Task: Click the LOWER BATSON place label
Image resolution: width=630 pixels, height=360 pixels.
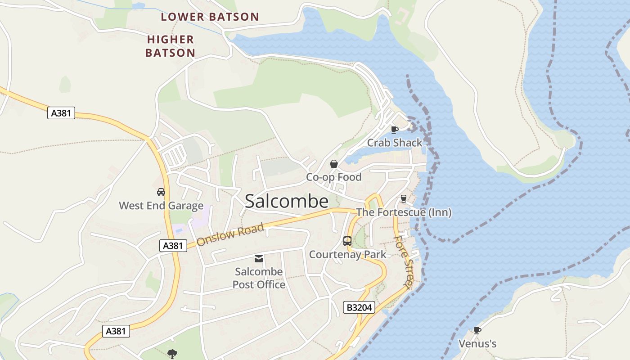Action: click(210, 17)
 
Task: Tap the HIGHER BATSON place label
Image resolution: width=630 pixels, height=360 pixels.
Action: click(170, 46)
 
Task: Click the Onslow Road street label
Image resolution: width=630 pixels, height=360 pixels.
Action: click(230, 234)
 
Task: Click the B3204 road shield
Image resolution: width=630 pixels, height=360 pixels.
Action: click(359, 307)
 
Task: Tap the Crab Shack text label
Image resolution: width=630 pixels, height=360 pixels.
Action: click(395, 143)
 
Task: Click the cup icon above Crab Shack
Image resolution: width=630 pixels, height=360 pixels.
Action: click(395, 130)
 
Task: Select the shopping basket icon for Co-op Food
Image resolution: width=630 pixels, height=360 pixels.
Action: click(334, 164)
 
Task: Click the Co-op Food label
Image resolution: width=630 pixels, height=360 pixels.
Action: click(334, 177)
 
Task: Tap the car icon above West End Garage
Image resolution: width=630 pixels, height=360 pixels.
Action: click(161, 192)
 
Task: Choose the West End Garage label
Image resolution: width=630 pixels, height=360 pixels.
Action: click(161, 206)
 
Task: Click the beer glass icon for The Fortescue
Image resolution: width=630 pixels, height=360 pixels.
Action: click(403, 198)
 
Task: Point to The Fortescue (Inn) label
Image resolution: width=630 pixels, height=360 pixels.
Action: click(404, 212)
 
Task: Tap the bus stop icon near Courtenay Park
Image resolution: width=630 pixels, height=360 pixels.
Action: click(347, 241)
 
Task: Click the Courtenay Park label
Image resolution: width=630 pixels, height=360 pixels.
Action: click(347, 254)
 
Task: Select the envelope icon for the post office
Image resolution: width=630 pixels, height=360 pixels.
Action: click(259, 258)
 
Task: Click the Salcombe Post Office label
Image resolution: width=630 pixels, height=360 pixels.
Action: click(259, 278)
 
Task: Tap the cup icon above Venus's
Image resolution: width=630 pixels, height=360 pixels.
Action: click(477, 331)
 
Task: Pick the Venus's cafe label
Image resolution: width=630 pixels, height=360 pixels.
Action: click(477, 344)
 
